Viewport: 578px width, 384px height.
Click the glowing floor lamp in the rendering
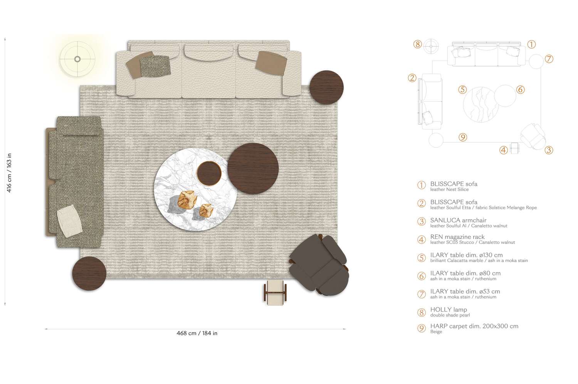tap(77, 59)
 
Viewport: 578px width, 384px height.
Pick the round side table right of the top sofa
tap(326, 87)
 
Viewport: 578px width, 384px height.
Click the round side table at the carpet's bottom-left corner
tap(89, 274)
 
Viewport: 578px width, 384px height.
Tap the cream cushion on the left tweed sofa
tap(69, 221)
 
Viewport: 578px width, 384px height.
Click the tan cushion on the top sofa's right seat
tap(271, 63)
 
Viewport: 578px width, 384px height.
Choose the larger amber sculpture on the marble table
tap(188, 200)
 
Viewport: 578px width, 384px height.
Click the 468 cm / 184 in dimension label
tap(197, 333)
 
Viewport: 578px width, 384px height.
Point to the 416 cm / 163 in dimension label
tap(10, 173)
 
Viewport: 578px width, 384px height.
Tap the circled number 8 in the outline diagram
tap(417, 44)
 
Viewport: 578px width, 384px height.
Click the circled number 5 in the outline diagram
tap(462, 90)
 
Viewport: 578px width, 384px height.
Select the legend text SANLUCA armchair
tap(458, 220)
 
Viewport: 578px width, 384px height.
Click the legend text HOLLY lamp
tap(449, 310)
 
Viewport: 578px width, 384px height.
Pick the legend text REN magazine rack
tap(457, 237)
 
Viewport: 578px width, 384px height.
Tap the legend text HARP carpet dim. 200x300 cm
tap(474, 326)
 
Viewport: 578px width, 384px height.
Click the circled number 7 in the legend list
tap(422, 294)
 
